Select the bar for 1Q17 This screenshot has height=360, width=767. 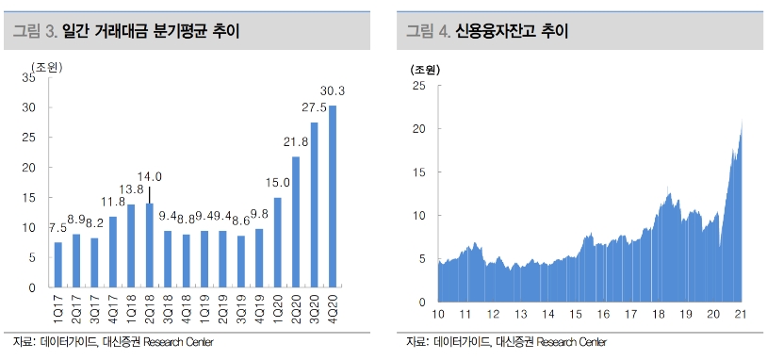coord(58,265)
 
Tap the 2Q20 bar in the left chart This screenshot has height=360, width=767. coord(295,221)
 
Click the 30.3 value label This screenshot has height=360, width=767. coord(332,91)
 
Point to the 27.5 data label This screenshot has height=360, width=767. coord(314,108)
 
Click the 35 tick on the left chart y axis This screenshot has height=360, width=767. coord(28,78)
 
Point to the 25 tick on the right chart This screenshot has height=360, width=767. coord(418,86)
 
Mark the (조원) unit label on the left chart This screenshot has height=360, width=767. coord(47,65)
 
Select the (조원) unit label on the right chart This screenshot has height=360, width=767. coord(424,69)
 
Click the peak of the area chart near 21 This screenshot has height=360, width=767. coord(743,123)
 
